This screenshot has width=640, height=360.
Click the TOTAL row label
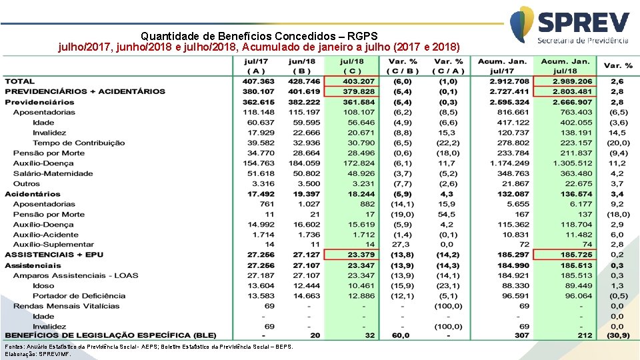pos(20,81)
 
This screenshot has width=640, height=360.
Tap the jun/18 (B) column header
pos(304,66)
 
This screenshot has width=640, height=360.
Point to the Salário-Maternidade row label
pos(53,173)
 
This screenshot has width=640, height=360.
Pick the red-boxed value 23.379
pos(361,255)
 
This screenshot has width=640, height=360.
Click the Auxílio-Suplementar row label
pos(53,245)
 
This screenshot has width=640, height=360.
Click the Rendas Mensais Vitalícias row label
pos(67,306)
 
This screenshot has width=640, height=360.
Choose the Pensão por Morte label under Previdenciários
pos(49,153)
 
